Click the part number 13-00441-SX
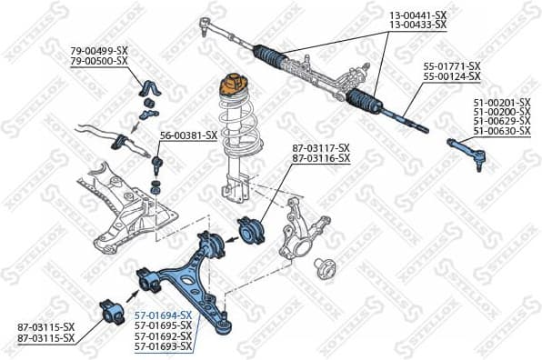(417, 15)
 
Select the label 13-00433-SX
(417, 25)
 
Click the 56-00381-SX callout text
(188, 135)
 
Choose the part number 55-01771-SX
(452, 66)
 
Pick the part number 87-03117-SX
(320, 148)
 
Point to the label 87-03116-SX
(320, 158)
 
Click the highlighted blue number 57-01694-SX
(163, 315)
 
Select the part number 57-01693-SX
(163, 345)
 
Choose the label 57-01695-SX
(163, 325)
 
